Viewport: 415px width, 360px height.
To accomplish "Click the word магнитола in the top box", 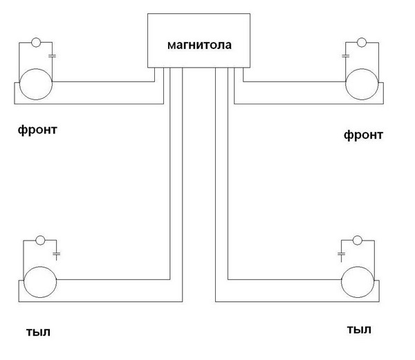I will coord(199,46).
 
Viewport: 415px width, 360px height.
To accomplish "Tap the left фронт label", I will coord(39,129).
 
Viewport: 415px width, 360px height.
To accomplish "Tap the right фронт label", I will coord(362,135).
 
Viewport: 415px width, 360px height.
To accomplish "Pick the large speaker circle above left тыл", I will coord(41,283).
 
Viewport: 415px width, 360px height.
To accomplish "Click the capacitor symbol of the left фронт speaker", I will coord(53,53).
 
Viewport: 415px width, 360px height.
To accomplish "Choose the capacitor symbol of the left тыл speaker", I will coord(57,254).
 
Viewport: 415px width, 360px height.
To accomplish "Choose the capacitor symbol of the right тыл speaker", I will coord(342,254).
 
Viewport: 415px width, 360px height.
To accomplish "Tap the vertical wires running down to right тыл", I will coord(221,173).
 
